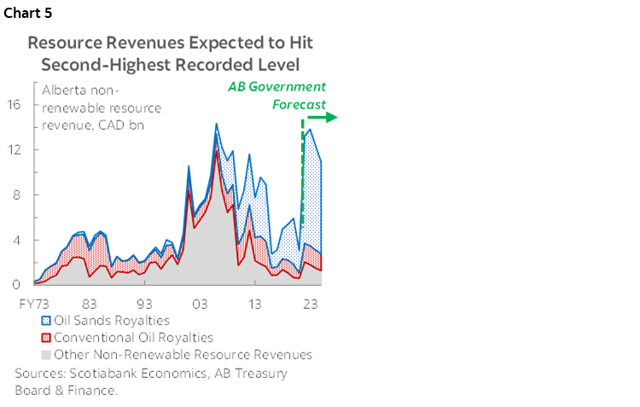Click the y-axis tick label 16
tap(15, 105)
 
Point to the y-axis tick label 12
tap(15, 149)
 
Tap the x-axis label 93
tap(144, 304)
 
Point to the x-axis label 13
tap(254, 304)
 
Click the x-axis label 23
tap(310, 304)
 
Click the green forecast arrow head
tap(334, 118)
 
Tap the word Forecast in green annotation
tap(300, 104)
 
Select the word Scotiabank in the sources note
tap(108, 374)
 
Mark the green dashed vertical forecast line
tap(303, 171)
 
